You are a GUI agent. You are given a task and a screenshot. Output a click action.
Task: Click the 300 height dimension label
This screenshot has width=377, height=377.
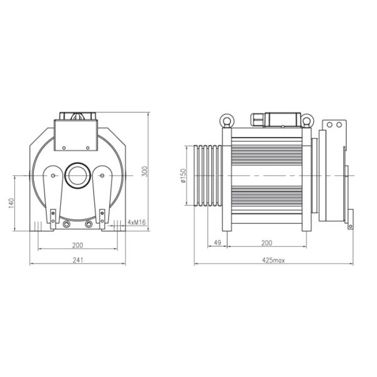click(x=145, y=172)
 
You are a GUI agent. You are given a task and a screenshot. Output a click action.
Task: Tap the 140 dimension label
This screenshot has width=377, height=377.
click(x=11, y=203)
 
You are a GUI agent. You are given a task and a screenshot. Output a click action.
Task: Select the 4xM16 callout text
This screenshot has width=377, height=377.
click(x=136, y=222)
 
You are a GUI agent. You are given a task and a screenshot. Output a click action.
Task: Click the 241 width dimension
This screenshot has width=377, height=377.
click(x=78, y=260)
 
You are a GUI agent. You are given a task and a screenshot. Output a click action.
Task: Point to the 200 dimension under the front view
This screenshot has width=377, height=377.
click(x=78, y=245)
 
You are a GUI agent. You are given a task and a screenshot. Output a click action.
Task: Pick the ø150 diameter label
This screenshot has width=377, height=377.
click(x=183, y=176)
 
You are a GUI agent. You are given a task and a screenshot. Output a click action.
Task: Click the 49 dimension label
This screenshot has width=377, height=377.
click(x=217, y=243)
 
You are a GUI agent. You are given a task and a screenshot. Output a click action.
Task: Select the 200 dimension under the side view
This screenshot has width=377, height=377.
click(x=266, y=243)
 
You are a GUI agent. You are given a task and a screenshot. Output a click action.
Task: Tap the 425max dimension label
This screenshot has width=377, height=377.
click(x=273, y=260)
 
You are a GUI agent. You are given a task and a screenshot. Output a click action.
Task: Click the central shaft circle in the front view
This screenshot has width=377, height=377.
click(x=78, y=175)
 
